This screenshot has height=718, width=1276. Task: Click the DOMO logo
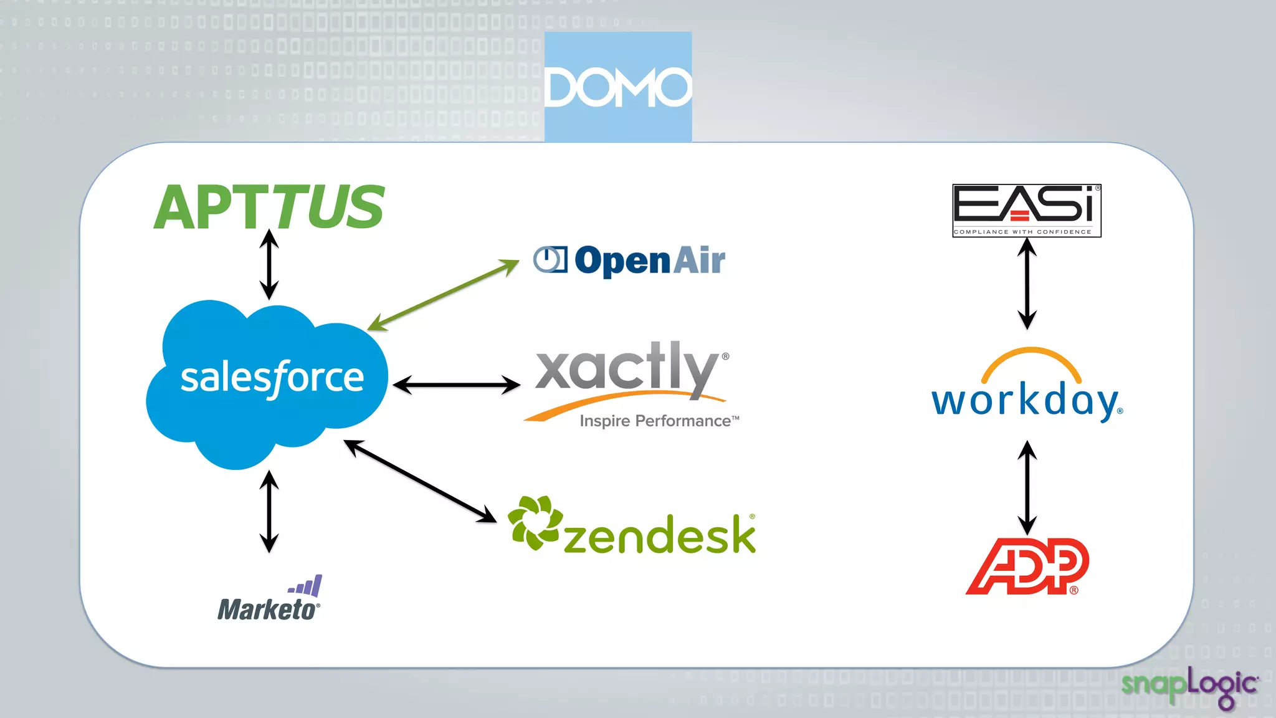pyautogui.click(x=617, y=87)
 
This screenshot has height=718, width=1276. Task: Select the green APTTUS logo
pyautogui.click(x=269, y=207)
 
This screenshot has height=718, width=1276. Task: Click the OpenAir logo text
pyautogui.click(x=649, y=260)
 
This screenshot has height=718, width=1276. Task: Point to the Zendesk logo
pyautogui.click(x=632, y=527)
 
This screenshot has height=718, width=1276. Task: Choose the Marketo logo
pyautogui.click(x=269, y=600)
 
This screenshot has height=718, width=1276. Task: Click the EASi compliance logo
pyautogui.click(x=1026, y=210)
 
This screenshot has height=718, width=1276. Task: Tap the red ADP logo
pyautogui.click(x=1027, y=566)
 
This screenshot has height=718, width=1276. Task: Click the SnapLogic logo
pyautogui.click(x=1189, y=686)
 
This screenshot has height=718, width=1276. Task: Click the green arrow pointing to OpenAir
pyautogui.click(x=444, y=295)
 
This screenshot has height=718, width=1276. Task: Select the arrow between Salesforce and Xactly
pyautogui.click(x=457, y=385)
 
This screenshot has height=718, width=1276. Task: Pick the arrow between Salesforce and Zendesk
pyautogui.click(x=420, y=481)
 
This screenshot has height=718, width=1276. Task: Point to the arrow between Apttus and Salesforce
pyautogui.click(x=269, y=264)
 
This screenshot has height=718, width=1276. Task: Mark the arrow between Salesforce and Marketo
pyautogui.click(x=269, y=511)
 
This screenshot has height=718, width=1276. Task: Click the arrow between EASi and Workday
pyautogui.click(x=1027, y=284)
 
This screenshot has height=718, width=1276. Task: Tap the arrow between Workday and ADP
pyautogui.click(x=1027, y=487)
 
